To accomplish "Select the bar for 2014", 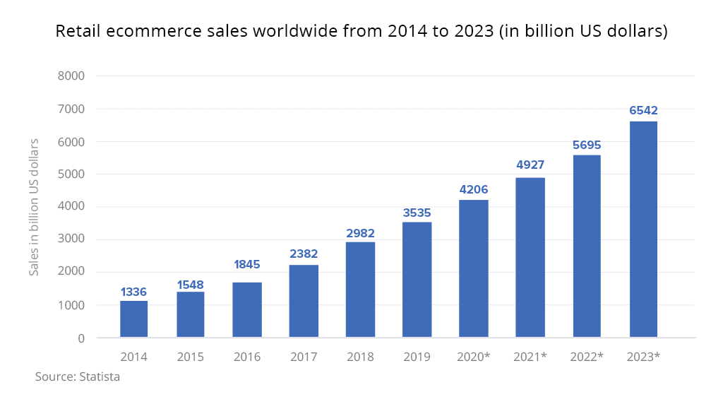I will (134, 319).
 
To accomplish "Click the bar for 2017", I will (304, 302).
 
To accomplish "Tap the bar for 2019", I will (417, 280).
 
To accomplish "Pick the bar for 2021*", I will (530, 258).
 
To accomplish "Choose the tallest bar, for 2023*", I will (643, 230).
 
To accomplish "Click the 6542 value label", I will (643, 111).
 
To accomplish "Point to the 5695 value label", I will (587, 145).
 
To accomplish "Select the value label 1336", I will (134, 292).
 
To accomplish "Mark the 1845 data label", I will (247, 265).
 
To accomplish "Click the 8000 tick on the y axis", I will (71, 76).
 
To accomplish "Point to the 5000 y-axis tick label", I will (71, 174).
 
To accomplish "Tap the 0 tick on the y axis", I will (81, 338).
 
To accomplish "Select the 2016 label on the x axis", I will (247, 357).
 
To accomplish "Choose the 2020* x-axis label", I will (474, 357).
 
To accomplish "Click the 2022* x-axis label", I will (587, 357).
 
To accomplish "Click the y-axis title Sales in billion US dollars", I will (34, 207).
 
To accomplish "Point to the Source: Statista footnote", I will (78, 377).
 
